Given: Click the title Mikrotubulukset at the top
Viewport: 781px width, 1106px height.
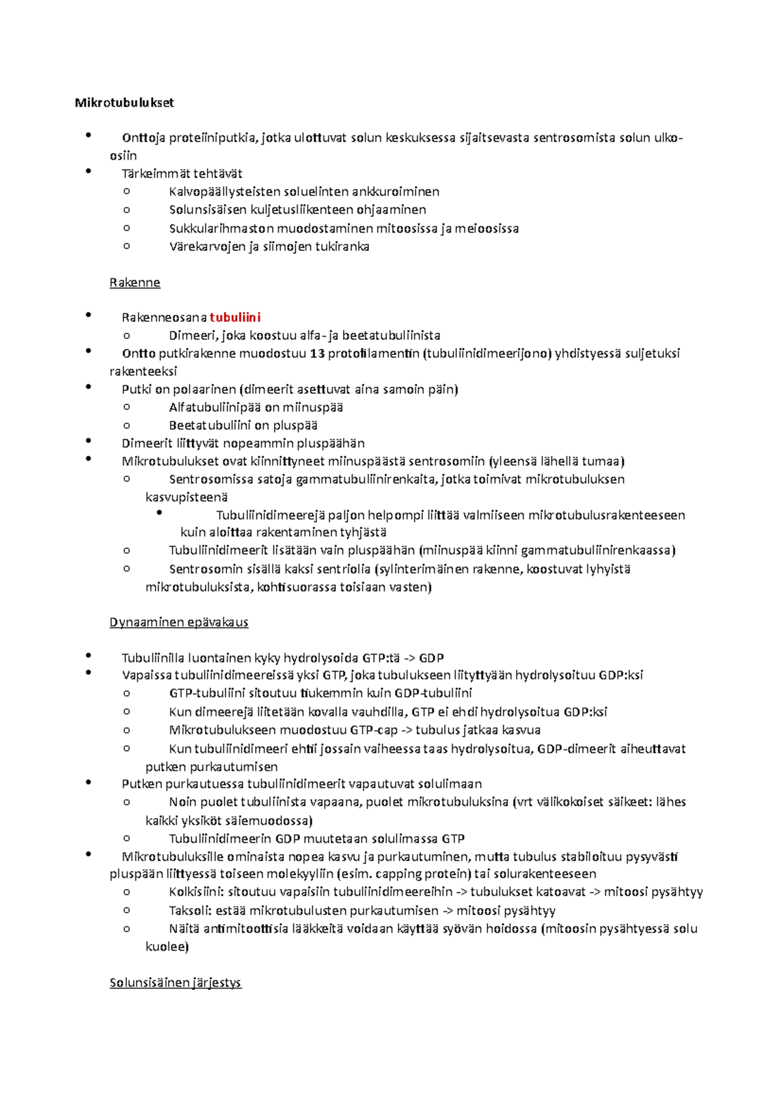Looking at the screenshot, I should (124, 102).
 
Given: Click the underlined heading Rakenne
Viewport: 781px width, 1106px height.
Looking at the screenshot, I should (135, 283).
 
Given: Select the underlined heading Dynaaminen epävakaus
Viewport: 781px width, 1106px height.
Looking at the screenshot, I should (179, 622).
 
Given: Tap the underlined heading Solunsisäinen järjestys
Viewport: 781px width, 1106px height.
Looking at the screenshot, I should (175, 982).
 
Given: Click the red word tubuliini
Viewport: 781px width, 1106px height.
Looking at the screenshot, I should (235, 317).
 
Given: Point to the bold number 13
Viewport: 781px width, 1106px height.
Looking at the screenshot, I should (317, 353).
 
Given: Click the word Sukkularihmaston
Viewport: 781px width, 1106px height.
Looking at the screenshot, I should (221, 228).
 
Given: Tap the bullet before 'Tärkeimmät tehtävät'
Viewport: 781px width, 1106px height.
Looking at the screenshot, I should (88, 171).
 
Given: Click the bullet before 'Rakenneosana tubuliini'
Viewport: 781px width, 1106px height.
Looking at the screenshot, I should (88, 315).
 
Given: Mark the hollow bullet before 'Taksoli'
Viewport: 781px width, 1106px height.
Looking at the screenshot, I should (126, 910).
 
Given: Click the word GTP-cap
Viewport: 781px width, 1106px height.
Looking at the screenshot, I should (374, 730).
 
